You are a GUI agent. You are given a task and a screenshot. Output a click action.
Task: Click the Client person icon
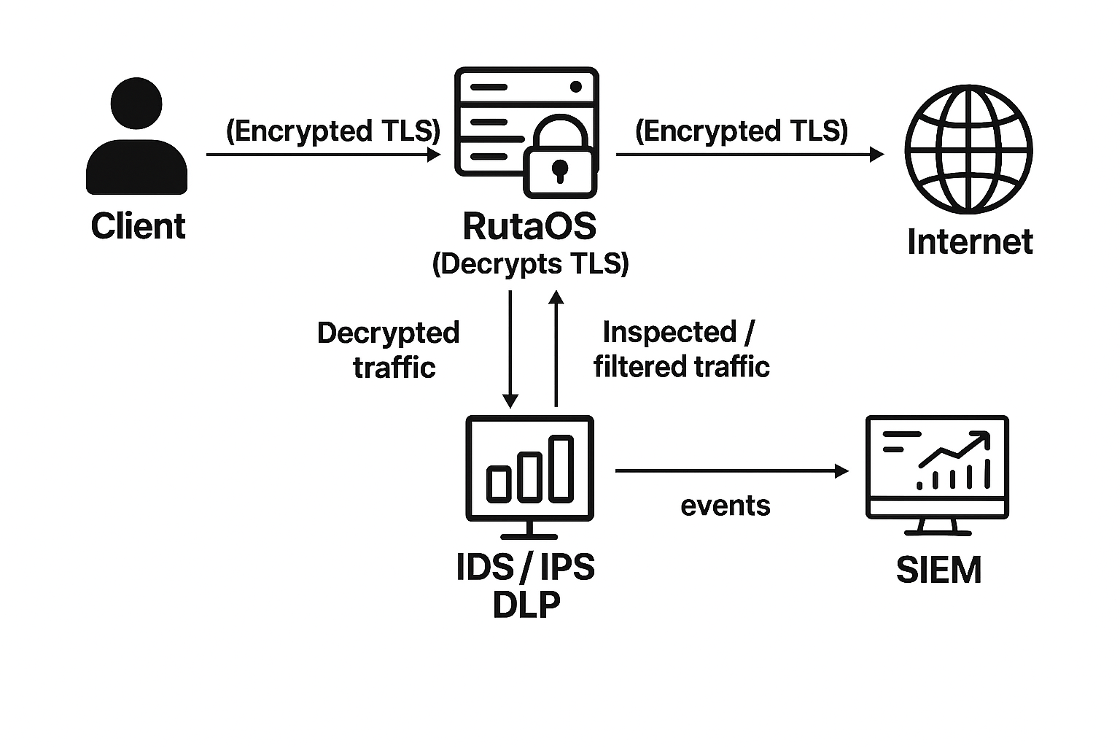pos(137,139)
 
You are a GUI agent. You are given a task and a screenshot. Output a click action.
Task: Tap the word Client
pos(138,226)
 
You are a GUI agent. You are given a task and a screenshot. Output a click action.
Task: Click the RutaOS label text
pos(529,226)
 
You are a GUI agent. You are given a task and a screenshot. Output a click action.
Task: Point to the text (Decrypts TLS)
pos(530,263)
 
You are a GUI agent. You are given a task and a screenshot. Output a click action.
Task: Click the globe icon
pos(968,149)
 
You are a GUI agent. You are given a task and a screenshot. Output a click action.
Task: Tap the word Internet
pos(970,242)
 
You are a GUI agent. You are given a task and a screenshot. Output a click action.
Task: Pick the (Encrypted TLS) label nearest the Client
pos(333,131)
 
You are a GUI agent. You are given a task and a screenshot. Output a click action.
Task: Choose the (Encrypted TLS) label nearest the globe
pos(742,131)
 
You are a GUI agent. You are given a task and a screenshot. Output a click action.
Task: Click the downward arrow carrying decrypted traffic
pos(510,349)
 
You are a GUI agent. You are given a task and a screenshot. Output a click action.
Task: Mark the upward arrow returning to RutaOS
pos(556,349)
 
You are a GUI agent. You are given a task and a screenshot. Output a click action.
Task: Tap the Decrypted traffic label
pos(389,349)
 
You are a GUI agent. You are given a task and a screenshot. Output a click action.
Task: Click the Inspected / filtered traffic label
pos(681,349)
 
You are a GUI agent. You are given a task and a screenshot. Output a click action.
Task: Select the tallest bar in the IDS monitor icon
pos(561,468)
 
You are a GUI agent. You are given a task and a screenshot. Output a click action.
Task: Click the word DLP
pos(526,605)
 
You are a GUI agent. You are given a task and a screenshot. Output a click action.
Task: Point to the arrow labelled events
pos(731,471)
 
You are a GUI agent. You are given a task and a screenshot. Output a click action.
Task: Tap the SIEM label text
pos(938,570)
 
